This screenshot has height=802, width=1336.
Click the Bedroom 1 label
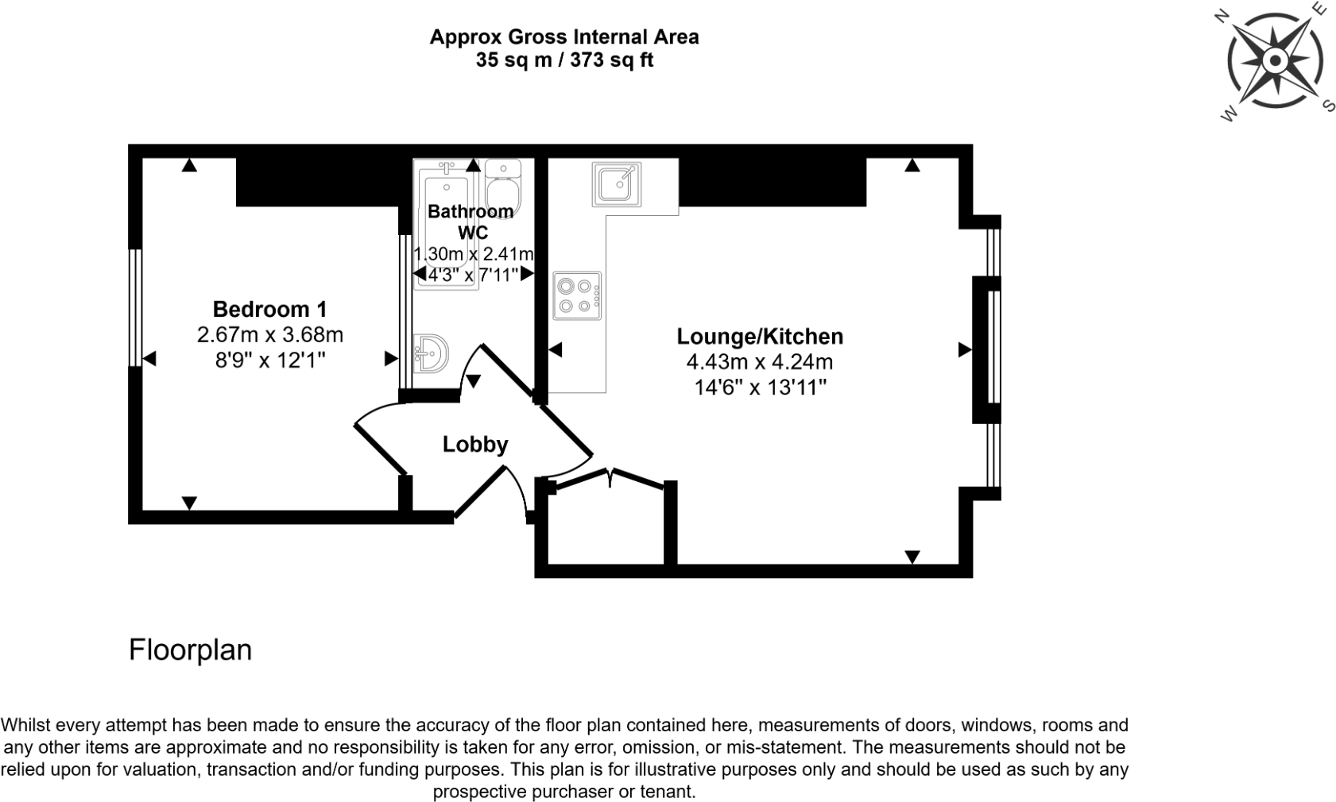[269, 309]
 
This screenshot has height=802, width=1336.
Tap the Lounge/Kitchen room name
[759, 336]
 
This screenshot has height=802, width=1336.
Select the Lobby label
[474, 444]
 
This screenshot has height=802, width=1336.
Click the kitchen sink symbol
[616, 184]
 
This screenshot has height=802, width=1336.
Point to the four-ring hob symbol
[577, 296]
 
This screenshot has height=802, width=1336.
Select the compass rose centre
[1274, 61]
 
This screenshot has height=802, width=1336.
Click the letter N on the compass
[1222, 16]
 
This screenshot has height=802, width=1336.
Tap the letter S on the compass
[1326, 105]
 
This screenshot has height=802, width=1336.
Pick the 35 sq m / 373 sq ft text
[563, 60]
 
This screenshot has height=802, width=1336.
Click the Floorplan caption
[190, 650]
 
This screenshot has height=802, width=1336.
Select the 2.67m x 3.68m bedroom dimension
[269, 334]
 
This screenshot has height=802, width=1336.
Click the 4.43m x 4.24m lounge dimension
[759, 362]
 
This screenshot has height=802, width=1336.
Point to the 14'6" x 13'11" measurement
[759, 388]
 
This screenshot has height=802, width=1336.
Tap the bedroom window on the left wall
[135, 307]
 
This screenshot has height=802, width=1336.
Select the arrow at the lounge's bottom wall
[912, 557]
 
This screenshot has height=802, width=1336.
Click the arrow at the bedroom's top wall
[188, 165]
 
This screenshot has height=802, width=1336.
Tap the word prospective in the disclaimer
[484, 791]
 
